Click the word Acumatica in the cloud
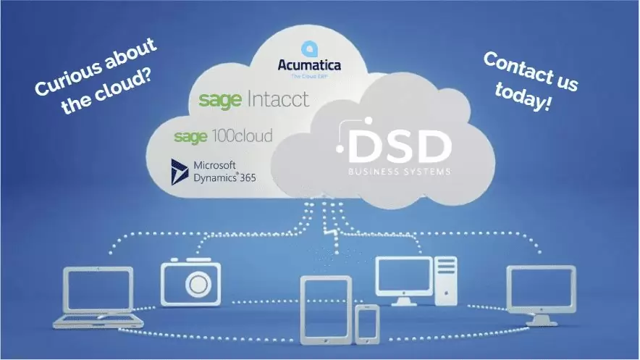click(x=309, y=66)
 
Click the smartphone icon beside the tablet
click(x=367, y=323)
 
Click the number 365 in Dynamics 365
click(x=244, y=177)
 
